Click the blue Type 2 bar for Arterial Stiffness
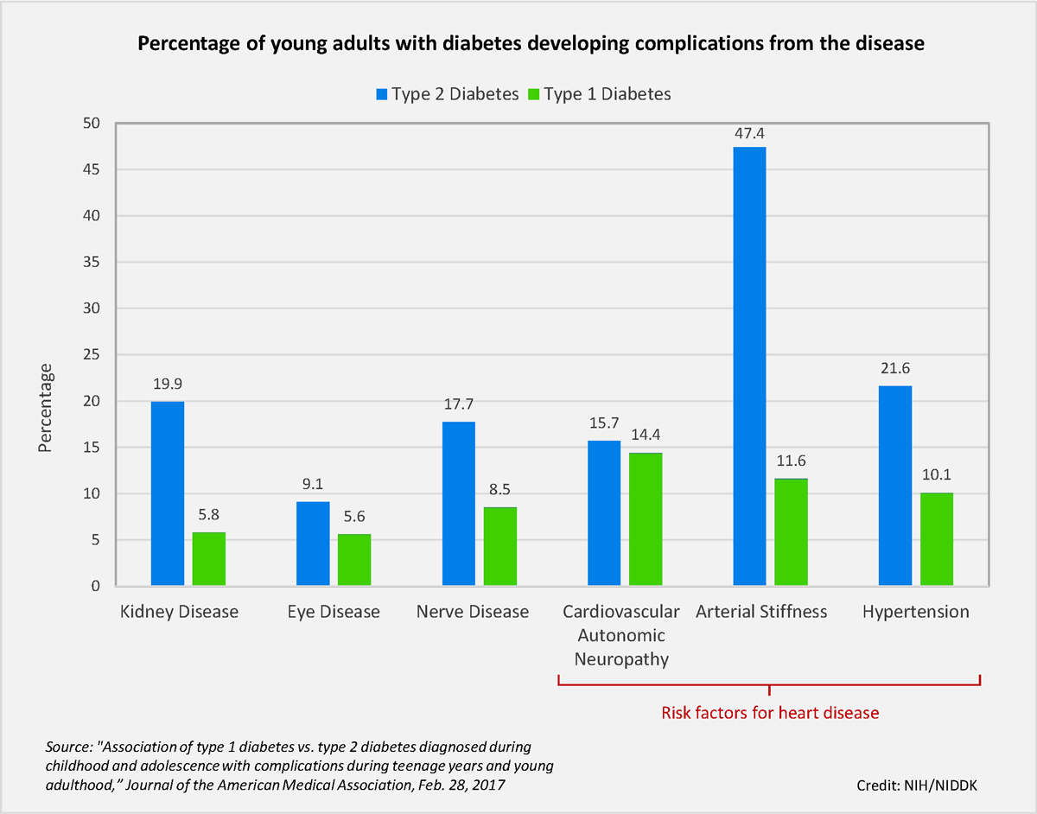(x=749, y=367)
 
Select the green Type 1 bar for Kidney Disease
(x=208, y=559)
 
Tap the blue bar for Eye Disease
(x=313, y=544)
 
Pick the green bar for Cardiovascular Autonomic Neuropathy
(x=646, y=519)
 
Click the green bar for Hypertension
(x=936, y=539)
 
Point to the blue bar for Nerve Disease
(x=458, y=504)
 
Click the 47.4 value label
(x=749, y=134)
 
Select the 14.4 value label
(x=646, y=436)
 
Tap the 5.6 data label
(x=354, y=518)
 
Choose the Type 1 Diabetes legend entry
(x=598, y=93)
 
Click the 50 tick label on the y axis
(x=91, y=124)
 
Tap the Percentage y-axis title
(x=45, y=407)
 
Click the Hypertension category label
(x=916, y=612)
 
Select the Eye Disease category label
(x=334, y=612)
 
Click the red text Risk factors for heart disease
(x=770, y=713)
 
